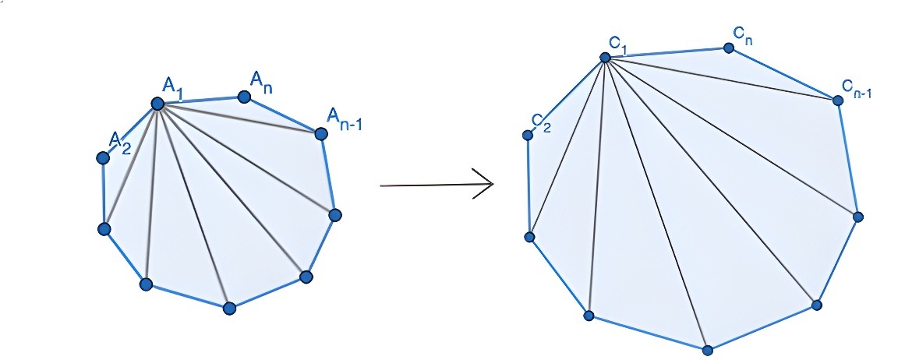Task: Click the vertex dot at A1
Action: click(x=157, y=104)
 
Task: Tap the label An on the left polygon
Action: click(x=260, y=79)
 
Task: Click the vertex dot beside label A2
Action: click(x=102, y=157)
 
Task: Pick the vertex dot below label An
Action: click(x=244, y=97)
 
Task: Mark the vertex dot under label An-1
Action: click(x=320, y=134)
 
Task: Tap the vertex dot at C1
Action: click(x=604, y=57)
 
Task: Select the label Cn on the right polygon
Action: click(x=742, y=34)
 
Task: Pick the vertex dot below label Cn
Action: click(x=729, y=48)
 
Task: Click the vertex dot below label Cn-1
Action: click(x=838, y=101)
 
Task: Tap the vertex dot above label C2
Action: click(x=528, y=136)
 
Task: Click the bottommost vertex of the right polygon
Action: click(x=707, y=349)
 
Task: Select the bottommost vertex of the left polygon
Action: click(x=229, y=308)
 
